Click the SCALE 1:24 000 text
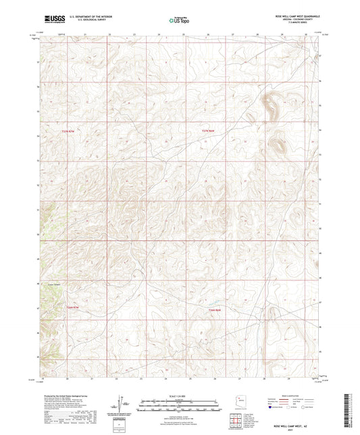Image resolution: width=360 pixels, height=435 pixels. [180, 395]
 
